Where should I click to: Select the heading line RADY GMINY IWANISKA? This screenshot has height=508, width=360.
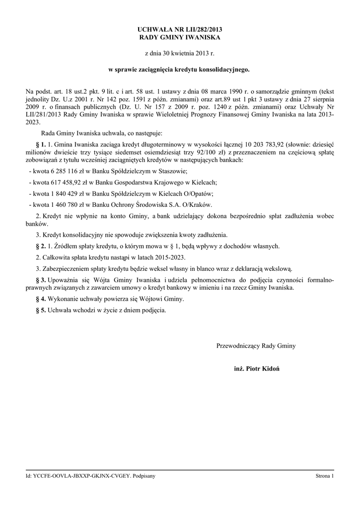point(179,37)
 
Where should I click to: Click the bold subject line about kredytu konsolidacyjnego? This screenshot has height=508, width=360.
point(179,70)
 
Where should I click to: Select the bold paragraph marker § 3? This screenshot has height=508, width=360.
point(41,280)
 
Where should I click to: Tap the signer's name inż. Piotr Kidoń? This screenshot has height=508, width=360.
point(256,370)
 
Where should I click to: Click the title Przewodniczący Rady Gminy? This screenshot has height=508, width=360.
point(256,345)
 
